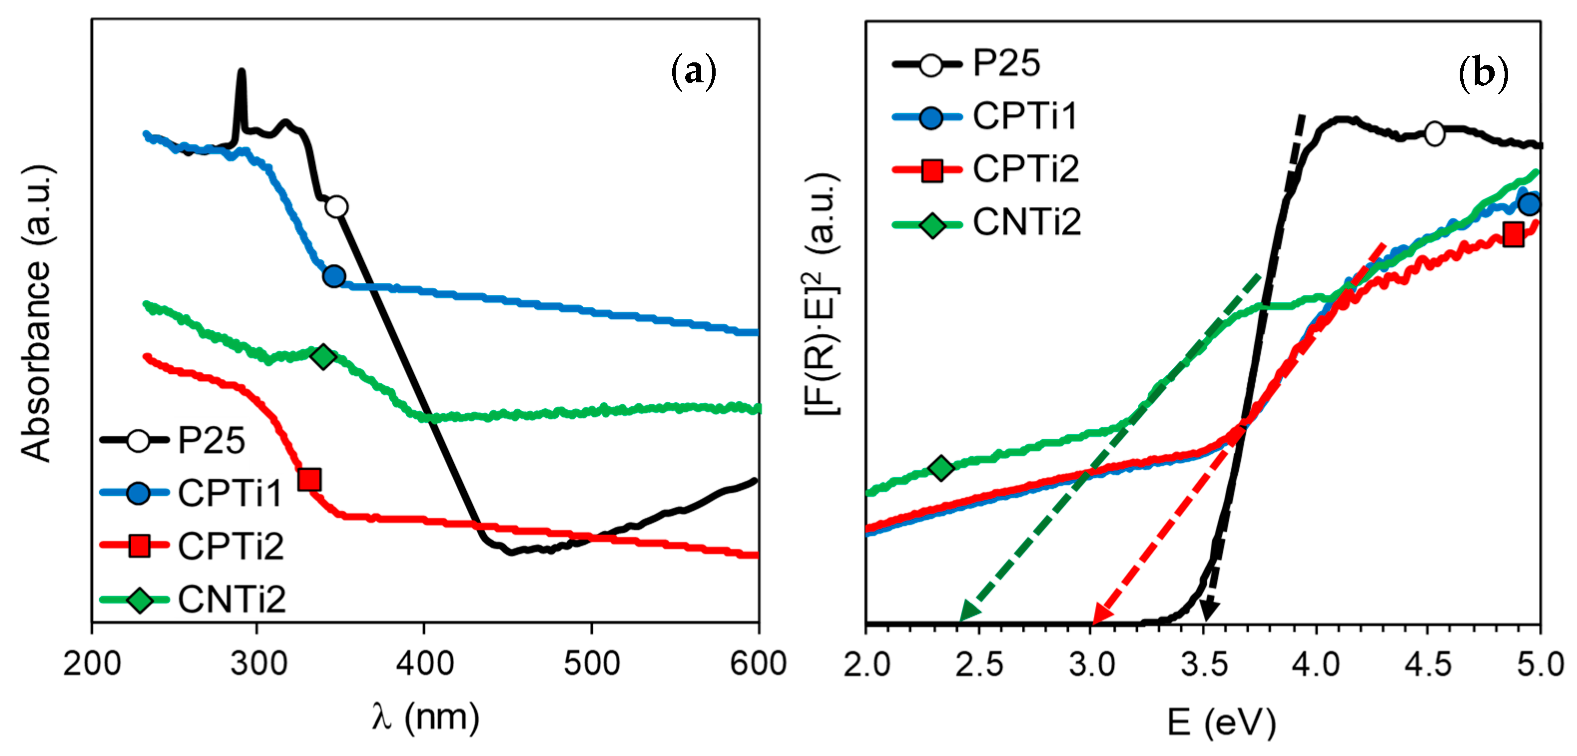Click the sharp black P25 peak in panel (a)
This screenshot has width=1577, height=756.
click(241, 76)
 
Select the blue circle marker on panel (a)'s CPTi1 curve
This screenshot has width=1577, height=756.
click(334, 276)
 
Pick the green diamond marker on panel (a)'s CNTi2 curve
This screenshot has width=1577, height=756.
click(323, 356)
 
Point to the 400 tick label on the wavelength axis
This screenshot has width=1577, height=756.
click(424, 664)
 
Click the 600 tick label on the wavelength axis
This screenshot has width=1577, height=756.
click(758, 664)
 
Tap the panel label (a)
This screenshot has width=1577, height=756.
click(693, 72)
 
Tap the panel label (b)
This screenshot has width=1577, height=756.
click(1483, 73)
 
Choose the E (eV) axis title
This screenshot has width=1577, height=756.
click(1221, 723)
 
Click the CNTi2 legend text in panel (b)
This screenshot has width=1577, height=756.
click(1027, 222)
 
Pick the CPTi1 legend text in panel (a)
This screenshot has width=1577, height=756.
click(230, 493)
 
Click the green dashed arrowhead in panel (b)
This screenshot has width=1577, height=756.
click(969, 611)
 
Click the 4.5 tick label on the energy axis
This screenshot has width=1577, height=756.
click(1428, 664)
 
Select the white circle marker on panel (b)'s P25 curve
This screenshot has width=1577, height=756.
click(1434, 133)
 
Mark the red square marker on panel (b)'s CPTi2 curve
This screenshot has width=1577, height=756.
click(1513, 234)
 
